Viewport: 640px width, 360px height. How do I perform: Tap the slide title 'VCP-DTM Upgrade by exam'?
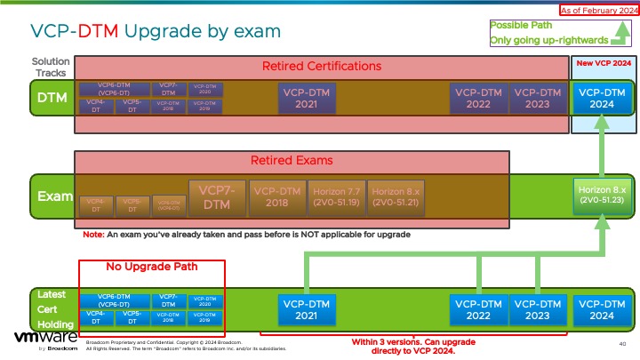pyautogui.click(x=156, y=31)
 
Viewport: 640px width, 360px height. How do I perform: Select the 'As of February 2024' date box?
pyautogui.click(x=598, y=10)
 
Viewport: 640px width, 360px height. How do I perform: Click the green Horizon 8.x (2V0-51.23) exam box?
pyautogui.click(x=603, y=195)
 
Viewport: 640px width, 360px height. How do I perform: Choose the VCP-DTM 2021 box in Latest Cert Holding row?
pyautogui.click(x=307, y=309)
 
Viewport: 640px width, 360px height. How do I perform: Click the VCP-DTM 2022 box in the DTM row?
pyautogui.click(x=478, y=97)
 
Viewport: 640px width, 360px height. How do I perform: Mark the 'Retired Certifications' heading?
pyautogui.click(x=322, y=66)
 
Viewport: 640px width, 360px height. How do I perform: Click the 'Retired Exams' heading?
pyautogui.click(x=292, y=161)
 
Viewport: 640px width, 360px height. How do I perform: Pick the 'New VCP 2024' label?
pyautogui.click(x=604, y=64)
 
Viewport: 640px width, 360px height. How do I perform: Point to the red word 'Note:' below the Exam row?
pyautogui.click(x=93, y=235)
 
